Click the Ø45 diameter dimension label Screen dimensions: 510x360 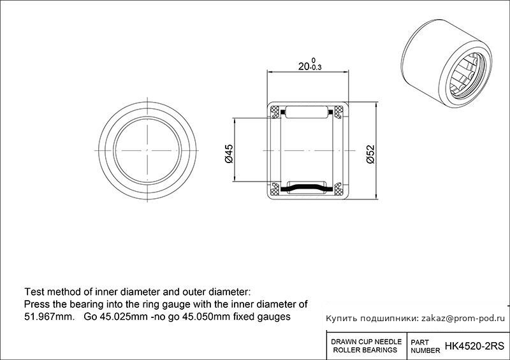[x=229, y=154]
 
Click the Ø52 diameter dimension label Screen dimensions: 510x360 [x=370, y=154]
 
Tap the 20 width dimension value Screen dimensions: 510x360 [x=304, y=66]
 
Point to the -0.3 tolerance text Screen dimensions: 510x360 [x=316, y=68]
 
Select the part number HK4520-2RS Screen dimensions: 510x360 [x=474, y=346]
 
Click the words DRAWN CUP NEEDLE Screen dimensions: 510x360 [x=366, y=342]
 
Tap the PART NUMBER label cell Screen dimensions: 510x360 [x=425, y=347]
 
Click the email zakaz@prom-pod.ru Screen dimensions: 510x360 [x=463, y=319]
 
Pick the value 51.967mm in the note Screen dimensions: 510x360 [x=50, y=317]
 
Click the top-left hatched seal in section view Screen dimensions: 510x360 [x=275, y=112]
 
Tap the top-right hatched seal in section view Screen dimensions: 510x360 [x=339, y=112]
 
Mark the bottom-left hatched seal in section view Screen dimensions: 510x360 [x=275, y=189]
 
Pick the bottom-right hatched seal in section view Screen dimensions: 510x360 [x=339, y=189]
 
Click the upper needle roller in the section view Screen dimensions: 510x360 [x=307, y=112]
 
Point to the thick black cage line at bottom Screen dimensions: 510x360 [x=307, y=188]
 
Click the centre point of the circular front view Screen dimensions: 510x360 [x=147, y=150]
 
